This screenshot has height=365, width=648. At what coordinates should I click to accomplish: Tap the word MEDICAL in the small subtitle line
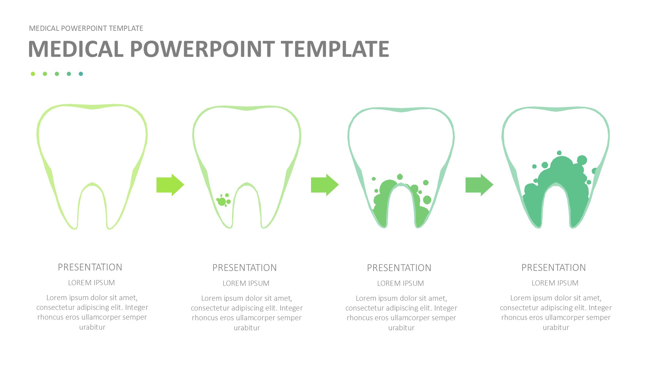click(x=44, y=28)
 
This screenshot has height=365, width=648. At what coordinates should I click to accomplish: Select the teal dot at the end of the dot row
click(x=81, y=74)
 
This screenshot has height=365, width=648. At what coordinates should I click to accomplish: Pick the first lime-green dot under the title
click(x=33, y=74)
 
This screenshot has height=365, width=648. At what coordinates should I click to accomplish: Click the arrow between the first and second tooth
click(x=170, y=185)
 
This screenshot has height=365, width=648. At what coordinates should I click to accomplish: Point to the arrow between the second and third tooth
click(x=325, y=185)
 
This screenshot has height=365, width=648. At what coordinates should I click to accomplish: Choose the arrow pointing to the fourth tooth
click(x=479, y=185)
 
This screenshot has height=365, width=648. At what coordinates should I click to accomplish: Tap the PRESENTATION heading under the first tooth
click(x=90, y=267)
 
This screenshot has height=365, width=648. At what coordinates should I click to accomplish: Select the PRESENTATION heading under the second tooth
click(x=245, y=268)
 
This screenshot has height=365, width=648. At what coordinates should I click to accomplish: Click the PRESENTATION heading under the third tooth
click(x=399, y=268)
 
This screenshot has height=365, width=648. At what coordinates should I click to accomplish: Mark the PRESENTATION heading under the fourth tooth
click(x=554, y=267)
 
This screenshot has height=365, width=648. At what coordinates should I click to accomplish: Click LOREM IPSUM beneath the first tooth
click(x=91, y=283)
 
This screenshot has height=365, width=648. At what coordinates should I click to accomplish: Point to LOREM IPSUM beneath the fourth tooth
click(x=555, y=283)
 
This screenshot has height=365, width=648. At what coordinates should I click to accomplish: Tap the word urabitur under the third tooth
click(x=401, y=328)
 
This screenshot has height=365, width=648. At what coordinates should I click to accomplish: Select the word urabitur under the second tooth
click(x=247, y=328)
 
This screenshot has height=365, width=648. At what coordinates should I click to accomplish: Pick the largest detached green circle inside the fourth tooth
click(x=582, y=160)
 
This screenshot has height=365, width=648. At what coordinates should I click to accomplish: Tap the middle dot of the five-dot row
click(x=57, y=74)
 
